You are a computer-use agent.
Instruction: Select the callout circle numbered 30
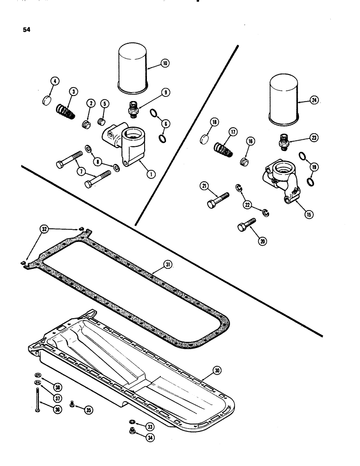pos(229,370)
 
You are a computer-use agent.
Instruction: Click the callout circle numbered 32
pos(43,229)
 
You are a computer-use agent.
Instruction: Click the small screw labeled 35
pos(73,403)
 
